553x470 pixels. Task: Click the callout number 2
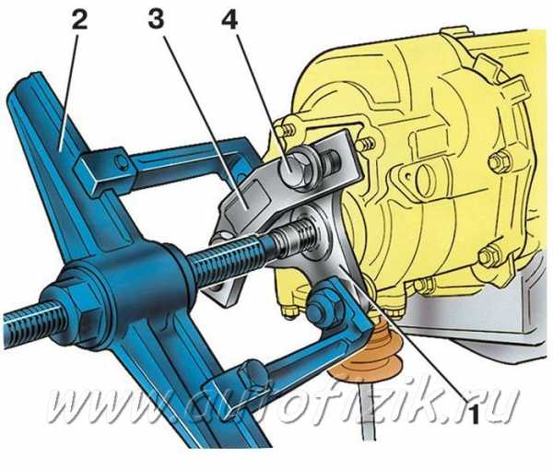point(79,19)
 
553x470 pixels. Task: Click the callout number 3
point(156,19)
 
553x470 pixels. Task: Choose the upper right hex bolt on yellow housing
point(499,162)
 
